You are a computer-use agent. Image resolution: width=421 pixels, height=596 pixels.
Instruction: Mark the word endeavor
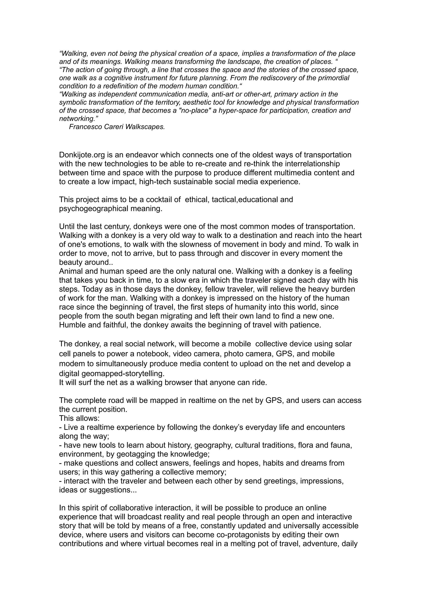tap(142, 155)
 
